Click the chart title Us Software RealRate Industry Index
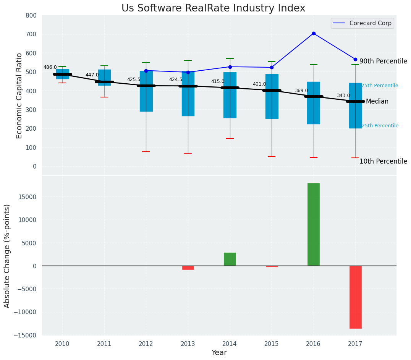click(213, 8)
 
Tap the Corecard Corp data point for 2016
click(314, 34)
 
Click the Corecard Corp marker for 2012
click(146, 71)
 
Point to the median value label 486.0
click(50, 67)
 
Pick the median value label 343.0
click(343, 96)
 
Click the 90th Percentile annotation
click(383, 61)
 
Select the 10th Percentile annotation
click(383, 161)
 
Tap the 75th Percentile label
click(380, 86)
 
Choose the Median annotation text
click(377, 102)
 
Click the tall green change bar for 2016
click(314, 224)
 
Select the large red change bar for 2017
click(355, 297)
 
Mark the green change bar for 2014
click(230, 259)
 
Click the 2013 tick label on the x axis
click(188, 344)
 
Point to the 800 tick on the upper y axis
click(31, 15)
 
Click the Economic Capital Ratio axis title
click(19, 96)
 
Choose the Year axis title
click(219, 353)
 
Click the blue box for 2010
click(63, 74)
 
